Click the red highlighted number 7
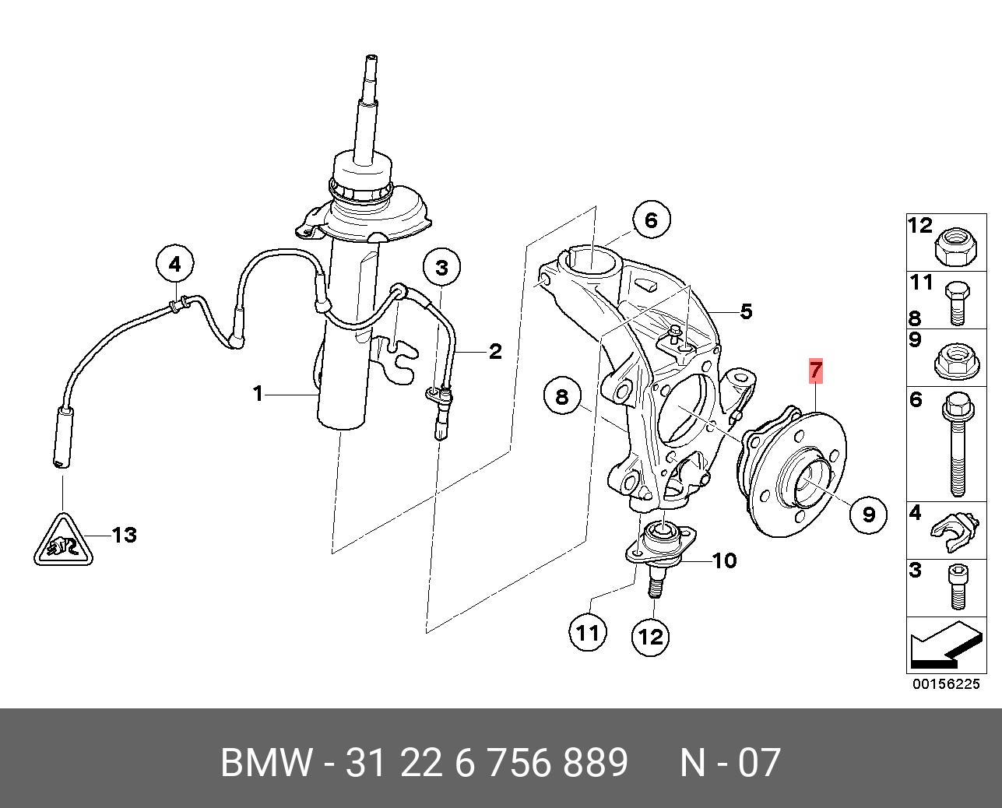815,370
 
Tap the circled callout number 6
651,220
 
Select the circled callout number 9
868,514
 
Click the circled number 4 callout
174,265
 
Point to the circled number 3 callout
441,269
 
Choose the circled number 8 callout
562,398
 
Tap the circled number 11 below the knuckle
587,633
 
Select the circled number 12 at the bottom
650,637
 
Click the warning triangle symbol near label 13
63,539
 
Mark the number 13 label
124,535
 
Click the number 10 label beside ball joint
724,560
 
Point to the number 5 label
746,312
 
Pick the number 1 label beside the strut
258,394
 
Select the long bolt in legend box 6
957,444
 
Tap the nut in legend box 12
951,246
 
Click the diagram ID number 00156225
946,684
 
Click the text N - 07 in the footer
730,763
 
